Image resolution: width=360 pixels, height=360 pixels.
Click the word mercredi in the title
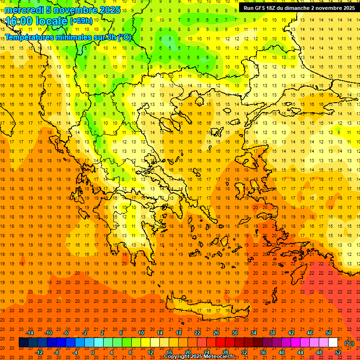tap(24, 10)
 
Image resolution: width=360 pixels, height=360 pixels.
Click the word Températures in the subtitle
tap(29, 37)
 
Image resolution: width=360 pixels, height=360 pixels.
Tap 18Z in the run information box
tap(271, 8)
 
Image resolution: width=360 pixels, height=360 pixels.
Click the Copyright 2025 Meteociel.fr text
tap(199, 357)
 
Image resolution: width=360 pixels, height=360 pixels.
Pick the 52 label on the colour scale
tap(338, 352)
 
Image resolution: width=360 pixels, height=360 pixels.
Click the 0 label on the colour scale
tap(93, 352)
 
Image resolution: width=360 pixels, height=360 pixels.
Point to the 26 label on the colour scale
tap(216, 333)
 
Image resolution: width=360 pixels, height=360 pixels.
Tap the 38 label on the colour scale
tap(272, 333)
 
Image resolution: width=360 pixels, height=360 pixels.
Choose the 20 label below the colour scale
tap(188, 352)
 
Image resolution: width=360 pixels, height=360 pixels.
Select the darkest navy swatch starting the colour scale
tap(23, 343)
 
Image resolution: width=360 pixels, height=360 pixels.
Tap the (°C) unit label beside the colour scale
tap(349, 343)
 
